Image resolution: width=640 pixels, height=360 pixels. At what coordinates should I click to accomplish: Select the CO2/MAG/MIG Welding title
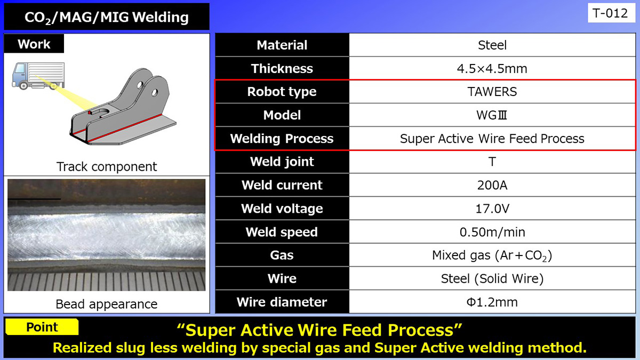107,18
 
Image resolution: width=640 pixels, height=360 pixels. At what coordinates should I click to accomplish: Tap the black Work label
34,44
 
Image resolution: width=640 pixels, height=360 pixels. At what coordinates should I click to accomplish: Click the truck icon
37,75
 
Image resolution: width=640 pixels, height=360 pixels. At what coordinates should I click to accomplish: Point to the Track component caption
107,166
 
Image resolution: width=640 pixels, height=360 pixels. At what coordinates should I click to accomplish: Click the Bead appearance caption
107,304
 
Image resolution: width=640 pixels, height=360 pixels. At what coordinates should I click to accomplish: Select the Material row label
282,45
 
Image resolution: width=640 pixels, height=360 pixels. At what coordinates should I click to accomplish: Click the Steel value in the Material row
492,45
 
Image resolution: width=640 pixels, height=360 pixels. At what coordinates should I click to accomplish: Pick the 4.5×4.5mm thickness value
492,69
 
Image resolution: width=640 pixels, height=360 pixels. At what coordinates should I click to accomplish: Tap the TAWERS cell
492,92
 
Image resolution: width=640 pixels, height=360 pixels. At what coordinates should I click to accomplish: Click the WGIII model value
492,115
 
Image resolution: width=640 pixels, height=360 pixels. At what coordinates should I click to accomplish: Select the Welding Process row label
282,139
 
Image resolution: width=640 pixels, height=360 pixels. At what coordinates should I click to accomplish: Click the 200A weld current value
492,185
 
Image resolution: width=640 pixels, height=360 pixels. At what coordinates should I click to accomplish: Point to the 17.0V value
492,209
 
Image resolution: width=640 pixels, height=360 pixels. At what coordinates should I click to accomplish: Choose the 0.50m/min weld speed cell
492,232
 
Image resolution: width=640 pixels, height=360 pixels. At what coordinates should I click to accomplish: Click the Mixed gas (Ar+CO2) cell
492,255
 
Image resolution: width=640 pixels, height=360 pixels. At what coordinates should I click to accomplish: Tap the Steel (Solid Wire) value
492,278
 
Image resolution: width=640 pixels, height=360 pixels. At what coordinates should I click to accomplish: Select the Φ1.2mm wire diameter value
492,302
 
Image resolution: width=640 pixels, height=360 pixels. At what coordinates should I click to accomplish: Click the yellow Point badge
42,327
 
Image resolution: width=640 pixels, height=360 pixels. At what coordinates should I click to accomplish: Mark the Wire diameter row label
282,302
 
